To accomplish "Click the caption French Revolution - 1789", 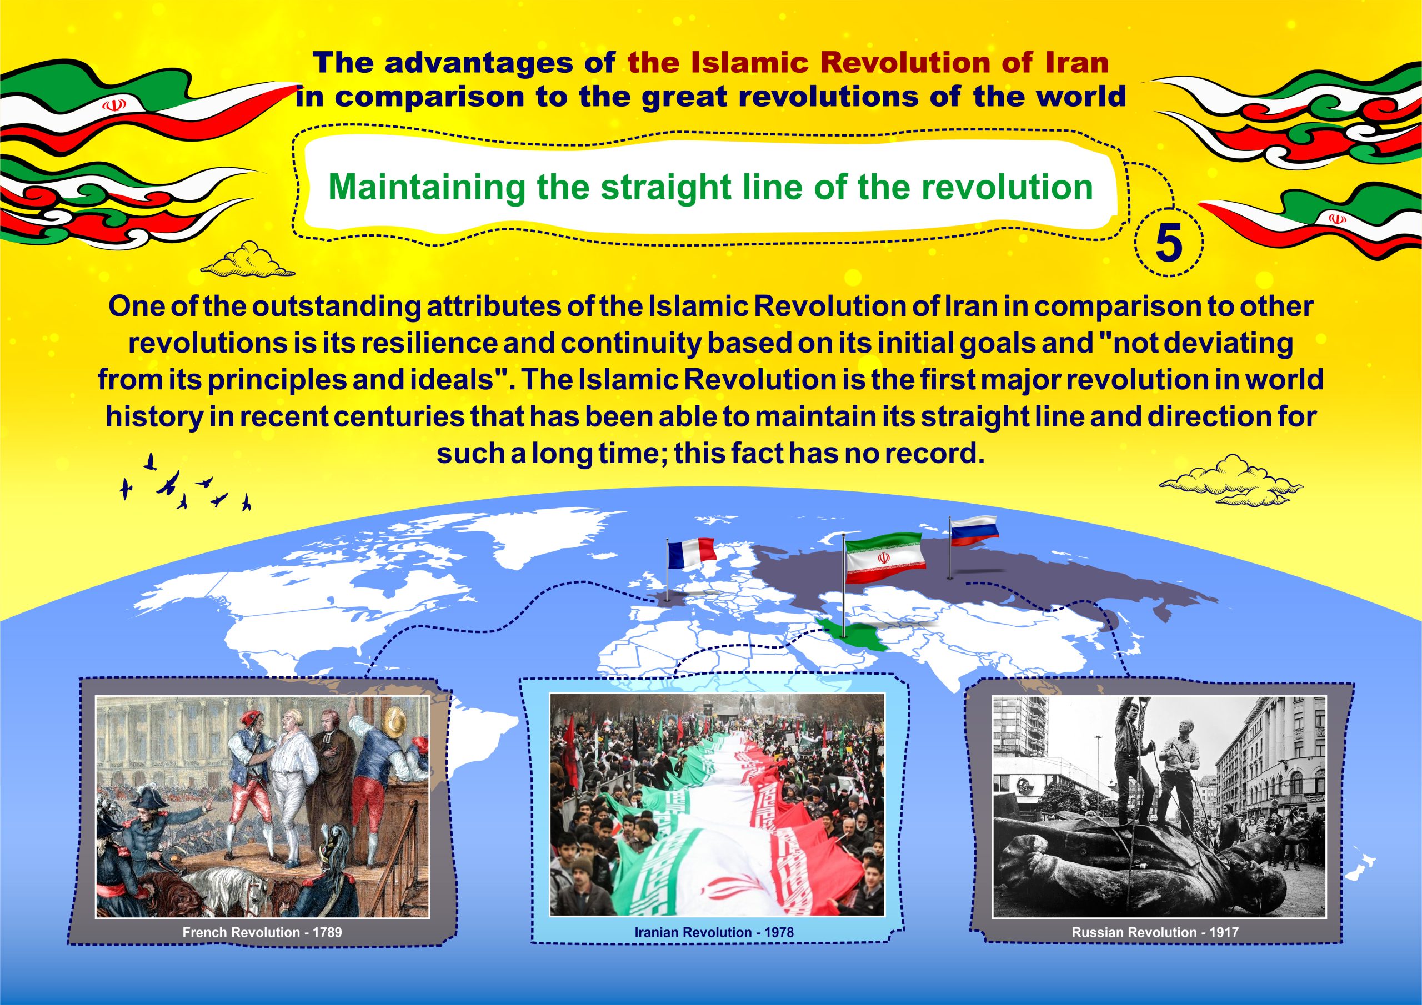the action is (262, 932).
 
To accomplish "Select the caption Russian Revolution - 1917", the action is (1155, 932).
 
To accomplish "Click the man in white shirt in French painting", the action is (292, 786).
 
